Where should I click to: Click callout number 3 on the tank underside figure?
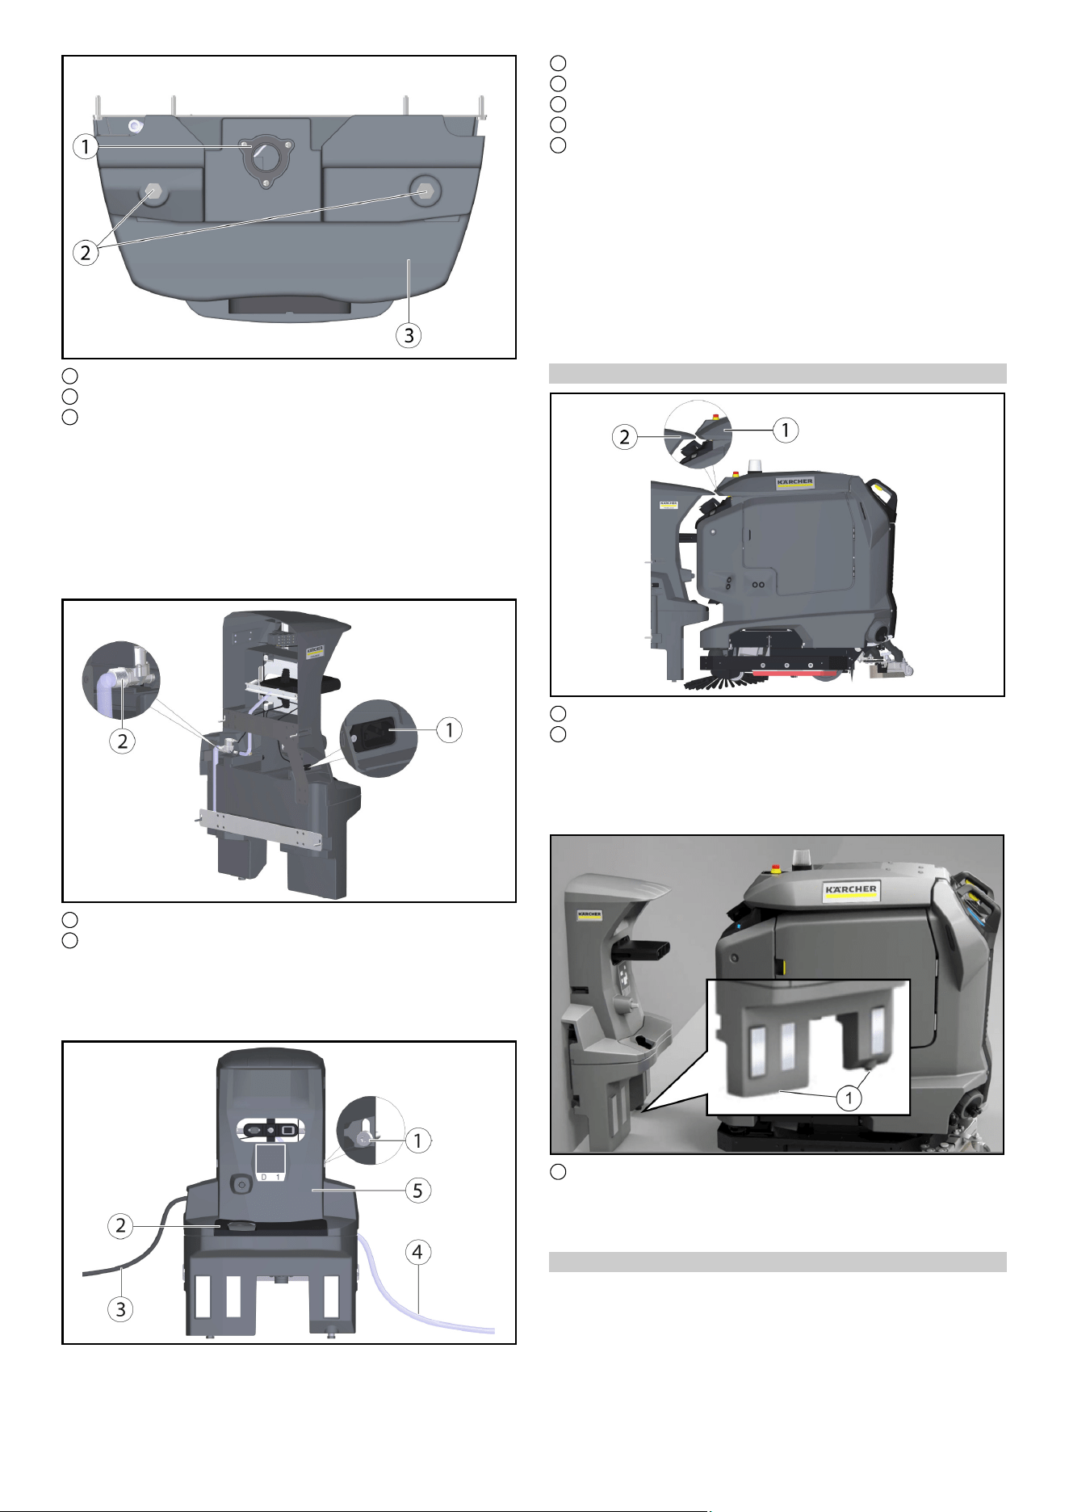tap(409, 335)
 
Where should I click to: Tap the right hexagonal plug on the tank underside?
tap(422, 191)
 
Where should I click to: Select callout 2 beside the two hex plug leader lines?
tap(86, 252)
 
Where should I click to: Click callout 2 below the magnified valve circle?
tap(122, 741)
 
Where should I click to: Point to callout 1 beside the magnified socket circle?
tap(449, 730)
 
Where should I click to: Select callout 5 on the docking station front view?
tap(417, 1190)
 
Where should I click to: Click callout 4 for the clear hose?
tap(417, 1253)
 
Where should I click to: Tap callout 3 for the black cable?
tap(121, 1308)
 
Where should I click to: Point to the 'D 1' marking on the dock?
tap(270, 1177)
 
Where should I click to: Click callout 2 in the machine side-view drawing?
tap(624, 438)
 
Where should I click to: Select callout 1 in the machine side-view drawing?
tap(785, 430)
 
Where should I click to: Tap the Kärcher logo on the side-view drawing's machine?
tap(795, 483)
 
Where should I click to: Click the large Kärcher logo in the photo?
tap(851, 890)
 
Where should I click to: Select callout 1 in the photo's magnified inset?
tap(849, 1098)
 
